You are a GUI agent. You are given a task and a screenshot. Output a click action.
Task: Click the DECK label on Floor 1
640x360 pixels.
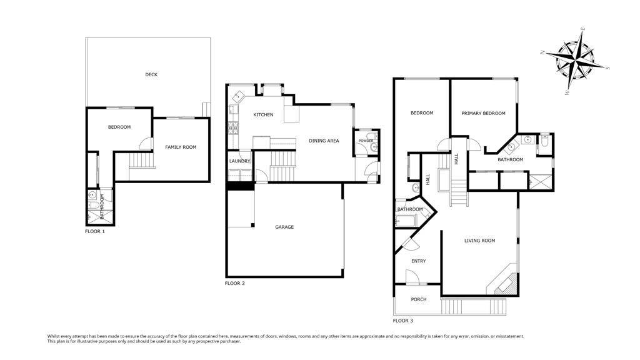click(x=151, y=75)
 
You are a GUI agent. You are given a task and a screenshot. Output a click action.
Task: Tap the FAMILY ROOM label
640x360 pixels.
click(x=181, y=147)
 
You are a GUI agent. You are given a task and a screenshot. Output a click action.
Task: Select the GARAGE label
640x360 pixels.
click(x=284, y=227)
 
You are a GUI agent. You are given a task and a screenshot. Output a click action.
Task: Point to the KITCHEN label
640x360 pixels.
click(x=263, y=115)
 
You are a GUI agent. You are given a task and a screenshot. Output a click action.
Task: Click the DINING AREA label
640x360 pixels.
click(x=324, y=141)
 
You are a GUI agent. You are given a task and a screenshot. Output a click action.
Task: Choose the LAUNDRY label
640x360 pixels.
click(x=239, y=161)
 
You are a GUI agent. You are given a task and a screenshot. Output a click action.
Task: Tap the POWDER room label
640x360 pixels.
click(x=366, y=141)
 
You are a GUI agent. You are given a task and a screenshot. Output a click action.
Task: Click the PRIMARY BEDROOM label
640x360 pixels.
click(x=483, y=114)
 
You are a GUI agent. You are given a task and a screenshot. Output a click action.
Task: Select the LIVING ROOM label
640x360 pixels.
click(x=479, y=241)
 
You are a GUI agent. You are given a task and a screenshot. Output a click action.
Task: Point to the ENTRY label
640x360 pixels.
click(x=418, y=261)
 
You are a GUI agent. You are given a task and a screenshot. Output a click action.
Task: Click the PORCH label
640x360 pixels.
click(x=418, y=299)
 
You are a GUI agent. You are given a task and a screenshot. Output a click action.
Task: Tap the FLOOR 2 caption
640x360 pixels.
click(x=235, y=283)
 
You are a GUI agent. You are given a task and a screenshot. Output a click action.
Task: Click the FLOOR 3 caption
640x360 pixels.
click(x=403, y=321)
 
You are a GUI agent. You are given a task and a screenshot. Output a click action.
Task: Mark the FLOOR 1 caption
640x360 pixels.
click(x=95, y=231)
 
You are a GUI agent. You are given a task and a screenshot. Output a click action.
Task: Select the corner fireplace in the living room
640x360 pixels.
click(x=503, y=282)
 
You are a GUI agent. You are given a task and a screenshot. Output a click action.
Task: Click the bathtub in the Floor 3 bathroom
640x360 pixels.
click(x=405, y=221)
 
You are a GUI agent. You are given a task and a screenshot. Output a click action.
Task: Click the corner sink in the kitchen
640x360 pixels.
click(x=237, y=97)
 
